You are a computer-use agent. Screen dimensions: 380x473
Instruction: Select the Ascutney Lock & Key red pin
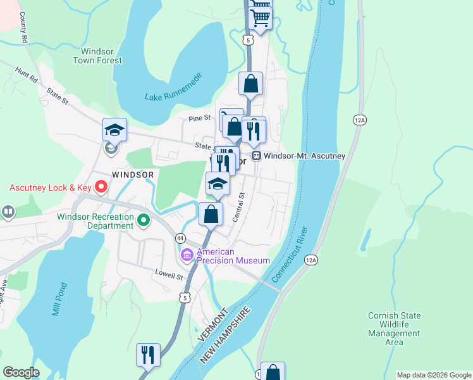point(101,187)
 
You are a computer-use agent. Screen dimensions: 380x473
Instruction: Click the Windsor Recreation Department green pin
point(144,220)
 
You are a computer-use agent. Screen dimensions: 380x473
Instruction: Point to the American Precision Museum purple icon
point(187,255)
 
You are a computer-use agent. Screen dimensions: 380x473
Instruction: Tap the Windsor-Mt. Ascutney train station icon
point(256,155)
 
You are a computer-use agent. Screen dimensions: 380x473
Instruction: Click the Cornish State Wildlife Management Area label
point(394,329)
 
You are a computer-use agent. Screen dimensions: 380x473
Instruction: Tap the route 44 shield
point(181,238)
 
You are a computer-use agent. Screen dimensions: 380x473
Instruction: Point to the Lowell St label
point(169,276)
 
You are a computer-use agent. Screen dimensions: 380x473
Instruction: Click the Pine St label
point(201,118)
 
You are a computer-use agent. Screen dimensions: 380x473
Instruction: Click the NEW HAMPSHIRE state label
point(226,336)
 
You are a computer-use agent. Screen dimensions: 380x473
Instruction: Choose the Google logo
point(21,372)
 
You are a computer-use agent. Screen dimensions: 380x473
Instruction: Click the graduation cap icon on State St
point(114,130)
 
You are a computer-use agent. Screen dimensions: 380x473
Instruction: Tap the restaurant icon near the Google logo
point(148,355)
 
